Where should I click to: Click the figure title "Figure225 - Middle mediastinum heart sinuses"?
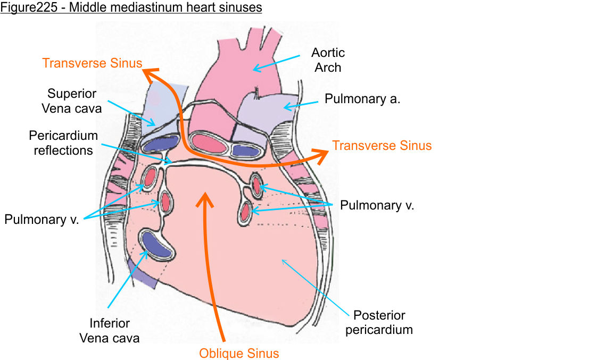pyautogui.click(x=131, y=8)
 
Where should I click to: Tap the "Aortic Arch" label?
pyautogui.click(x=328, y=60)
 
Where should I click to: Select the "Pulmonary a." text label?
pyautogui.click(x=362, y=99)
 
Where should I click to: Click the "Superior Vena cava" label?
pyautogui.click(x=72, y=101)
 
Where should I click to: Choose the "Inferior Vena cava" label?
pyautogui.click(x=109, y=330)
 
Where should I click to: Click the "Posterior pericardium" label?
pyautogui.click(x=379, y=322)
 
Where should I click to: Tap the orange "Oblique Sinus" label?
pyautogui.click(x=239, y=353)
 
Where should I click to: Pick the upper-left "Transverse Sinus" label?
pyautogui.click(x=92, y=63)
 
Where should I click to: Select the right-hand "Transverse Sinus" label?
pyautogui.click(x=382, y=145)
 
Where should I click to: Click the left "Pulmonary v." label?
pyautogui.click(x=42, y=219)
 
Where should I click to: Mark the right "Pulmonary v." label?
pyautogui.click(x=377, y=205)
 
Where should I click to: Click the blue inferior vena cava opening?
pyautogui.click(x=156, y=245)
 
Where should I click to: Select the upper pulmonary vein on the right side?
pyautogui.click(x=256, y=185)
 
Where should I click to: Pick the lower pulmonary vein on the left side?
pyautogui.click(x=164, y=202)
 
